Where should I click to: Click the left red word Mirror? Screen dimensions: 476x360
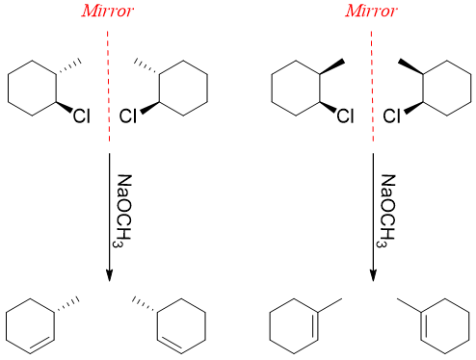coord(109,13)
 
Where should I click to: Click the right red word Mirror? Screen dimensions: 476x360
coord(371,13)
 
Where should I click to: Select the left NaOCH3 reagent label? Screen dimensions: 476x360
coord(126,212)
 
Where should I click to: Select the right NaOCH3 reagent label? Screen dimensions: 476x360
coord(388,212)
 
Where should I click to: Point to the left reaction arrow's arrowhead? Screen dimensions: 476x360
coord(109,273)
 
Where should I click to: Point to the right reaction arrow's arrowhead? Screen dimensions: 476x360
coord(372,273)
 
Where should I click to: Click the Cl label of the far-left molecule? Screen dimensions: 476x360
coord(81,117)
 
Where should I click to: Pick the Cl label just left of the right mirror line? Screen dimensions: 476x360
coord(344,117)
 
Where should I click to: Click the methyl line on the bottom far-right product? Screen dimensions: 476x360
coord(410,305)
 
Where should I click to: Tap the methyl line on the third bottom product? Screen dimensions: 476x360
coord(329,305)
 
